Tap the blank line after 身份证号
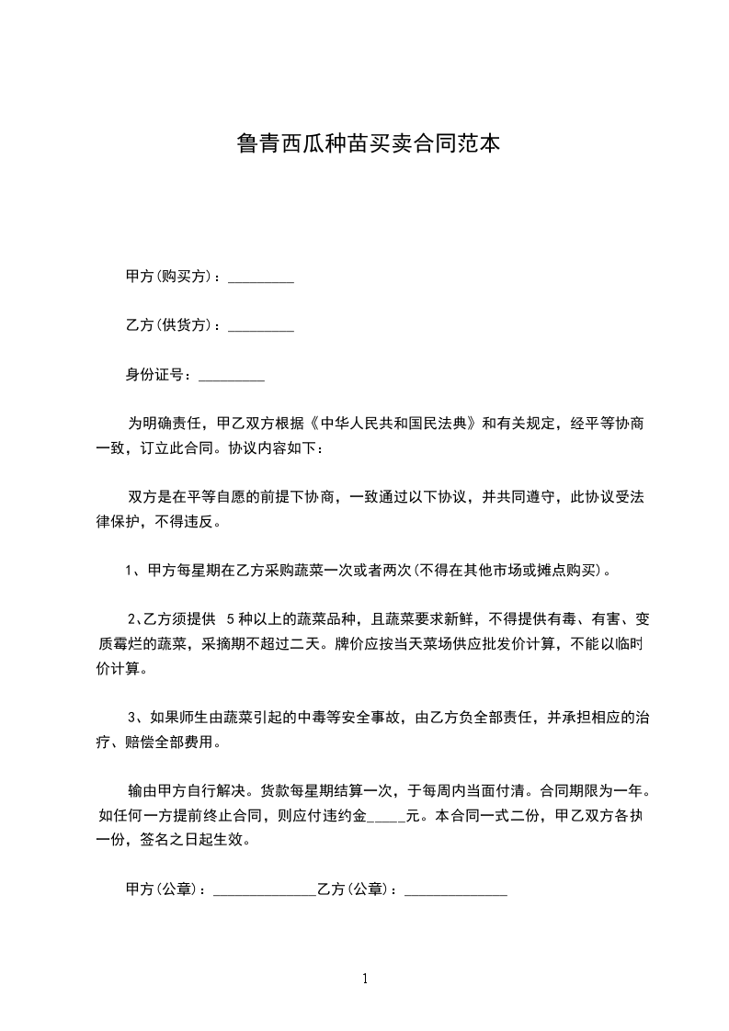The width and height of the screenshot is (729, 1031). (x=232, y=376)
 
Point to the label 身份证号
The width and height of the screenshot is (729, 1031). (x=157, y=375)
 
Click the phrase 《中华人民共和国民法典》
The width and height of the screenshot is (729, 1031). (x=395, y=424)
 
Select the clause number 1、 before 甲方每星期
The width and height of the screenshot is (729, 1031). (x=132, y=571)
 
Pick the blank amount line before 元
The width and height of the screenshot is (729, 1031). (x=385, y=816)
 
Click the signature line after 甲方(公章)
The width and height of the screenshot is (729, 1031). (x=264, y=890)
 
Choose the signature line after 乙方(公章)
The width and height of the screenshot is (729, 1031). (x=456, y=890)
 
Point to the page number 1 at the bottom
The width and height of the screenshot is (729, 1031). (x=365, y=978)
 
